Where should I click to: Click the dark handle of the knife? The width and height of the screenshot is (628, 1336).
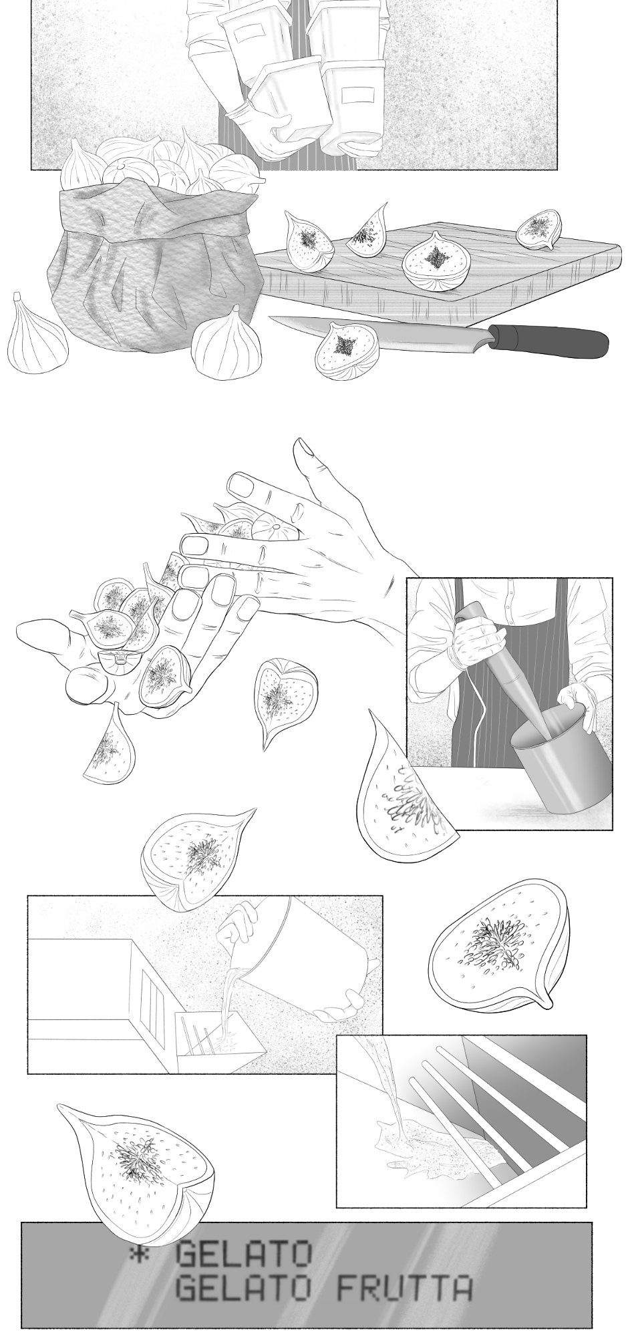pos(548,341)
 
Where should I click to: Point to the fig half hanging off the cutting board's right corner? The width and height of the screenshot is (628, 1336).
pos(538,229)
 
